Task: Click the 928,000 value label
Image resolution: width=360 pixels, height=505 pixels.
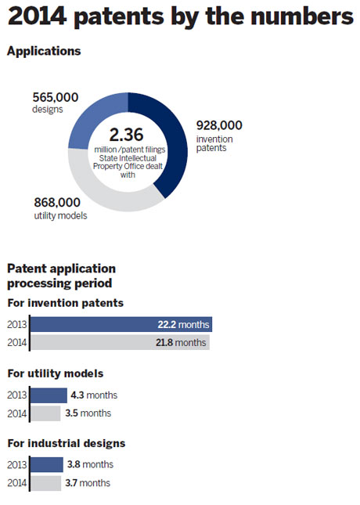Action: (219, 125)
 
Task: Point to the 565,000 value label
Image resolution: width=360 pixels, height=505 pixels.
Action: (56, 97)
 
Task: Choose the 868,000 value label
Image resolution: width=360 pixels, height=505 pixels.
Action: (57, 203)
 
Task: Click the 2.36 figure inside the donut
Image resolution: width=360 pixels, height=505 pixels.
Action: (126, 135)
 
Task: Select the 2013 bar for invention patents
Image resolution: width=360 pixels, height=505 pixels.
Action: (121, 324)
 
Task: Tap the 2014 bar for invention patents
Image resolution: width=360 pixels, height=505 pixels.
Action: (120, 342)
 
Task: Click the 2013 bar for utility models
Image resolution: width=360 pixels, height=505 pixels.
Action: (49, 395)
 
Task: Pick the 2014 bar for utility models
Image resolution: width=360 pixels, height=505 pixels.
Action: (45, 413)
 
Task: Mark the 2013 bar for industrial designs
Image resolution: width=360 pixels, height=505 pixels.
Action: (47, 465)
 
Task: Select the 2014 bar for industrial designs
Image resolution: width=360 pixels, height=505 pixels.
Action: (45, 483)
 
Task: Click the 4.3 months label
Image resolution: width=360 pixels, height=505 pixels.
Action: (94, 395)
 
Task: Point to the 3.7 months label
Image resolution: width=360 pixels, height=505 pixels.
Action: (88, 483)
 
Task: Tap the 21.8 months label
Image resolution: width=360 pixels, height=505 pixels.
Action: (181, 342)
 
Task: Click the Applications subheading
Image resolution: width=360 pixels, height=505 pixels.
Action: (44, 52)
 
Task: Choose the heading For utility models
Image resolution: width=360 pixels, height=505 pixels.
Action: (56, 373)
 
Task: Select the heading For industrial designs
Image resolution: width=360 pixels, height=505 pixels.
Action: (67, 443)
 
